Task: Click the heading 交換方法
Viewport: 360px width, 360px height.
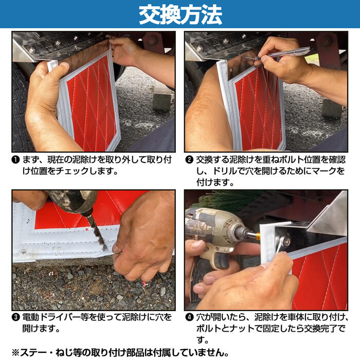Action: [180, 14]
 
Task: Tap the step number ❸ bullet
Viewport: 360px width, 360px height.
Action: [16, 318]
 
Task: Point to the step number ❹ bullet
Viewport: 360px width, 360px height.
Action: [189, 318]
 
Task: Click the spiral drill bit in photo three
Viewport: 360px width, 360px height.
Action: [97, 231]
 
